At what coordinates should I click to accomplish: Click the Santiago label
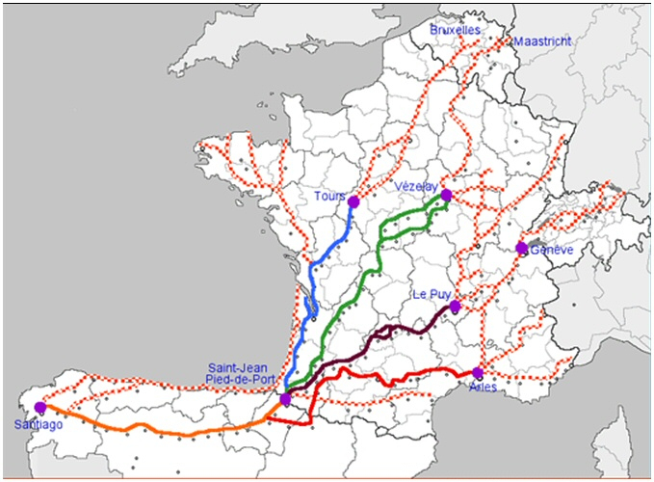[x=35, y=424]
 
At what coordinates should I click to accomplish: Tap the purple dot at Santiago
[x=39, y=408]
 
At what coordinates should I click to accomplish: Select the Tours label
[x=328, y=197]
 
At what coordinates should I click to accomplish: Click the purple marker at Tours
[x=353, y=201]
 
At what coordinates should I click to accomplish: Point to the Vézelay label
[x=416, y=186]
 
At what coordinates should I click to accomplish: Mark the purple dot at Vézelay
[x=446, y=195]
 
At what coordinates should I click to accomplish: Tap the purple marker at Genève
[x=521, y=249]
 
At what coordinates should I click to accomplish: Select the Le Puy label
[x=432, y=293]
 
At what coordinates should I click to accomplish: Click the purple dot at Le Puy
[x=456, y=307]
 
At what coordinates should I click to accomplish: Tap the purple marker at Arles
[x=478, y=373]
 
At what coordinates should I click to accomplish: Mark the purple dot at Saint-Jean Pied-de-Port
[x=286, y=398]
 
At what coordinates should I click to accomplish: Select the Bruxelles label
[x=455, y=31]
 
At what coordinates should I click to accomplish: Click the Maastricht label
[x=542, y=41]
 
